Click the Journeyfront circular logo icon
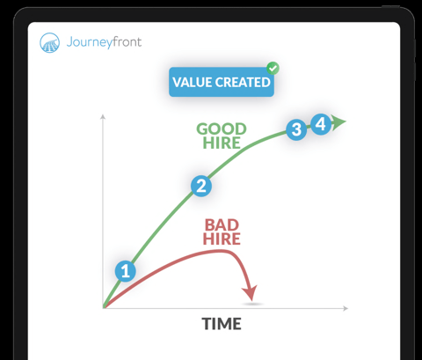49,42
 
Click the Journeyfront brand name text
104,42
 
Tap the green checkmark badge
273,69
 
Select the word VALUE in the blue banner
193,82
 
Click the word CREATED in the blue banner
243,82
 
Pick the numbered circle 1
126,271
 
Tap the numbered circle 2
201,186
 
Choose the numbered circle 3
296,129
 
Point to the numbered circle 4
321,124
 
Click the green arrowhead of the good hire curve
338,121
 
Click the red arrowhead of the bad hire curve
250,292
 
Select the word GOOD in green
222,129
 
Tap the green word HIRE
222,143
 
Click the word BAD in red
222,225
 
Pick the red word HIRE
222,239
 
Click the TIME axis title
222,324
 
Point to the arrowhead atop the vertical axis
103,117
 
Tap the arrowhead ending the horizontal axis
346,308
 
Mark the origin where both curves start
104,307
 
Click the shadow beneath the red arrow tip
252,305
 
